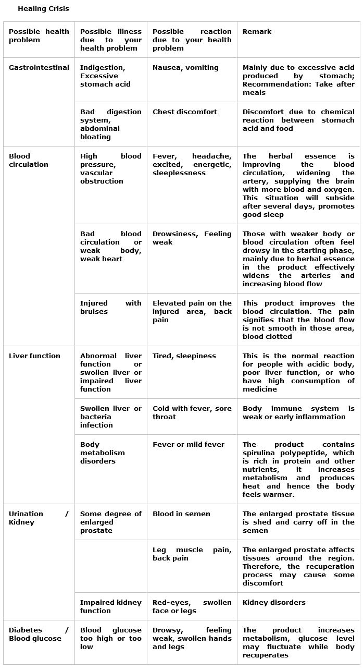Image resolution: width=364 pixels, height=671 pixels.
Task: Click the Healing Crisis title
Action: [43, 8]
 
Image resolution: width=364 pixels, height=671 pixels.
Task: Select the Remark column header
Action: [257, 32]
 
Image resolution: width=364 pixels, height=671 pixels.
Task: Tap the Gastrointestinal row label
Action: [39, 68]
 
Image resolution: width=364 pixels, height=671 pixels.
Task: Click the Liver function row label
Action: [34, 356]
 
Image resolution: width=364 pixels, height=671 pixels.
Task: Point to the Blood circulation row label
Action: [29, 160]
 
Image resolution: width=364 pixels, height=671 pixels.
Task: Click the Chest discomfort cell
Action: [185, 112]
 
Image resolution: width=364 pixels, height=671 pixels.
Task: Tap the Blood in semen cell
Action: [181, 514]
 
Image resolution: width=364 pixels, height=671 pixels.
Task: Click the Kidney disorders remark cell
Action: [274, 603]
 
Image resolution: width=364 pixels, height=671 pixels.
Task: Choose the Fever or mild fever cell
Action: [189, 445]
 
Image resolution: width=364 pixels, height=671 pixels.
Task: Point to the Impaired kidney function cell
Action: [111, 606]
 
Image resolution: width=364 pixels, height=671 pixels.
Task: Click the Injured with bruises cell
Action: [110, 308]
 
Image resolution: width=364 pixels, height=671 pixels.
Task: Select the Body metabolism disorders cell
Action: [103, 453]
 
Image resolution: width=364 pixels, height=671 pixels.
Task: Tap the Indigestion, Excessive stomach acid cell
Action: [105, 76]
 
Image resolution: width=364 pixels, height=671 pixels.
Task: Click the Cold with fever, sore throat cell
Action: [192, 413]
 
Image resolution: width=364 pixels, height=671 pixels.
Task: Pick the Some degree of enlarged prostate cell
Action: [110, 522]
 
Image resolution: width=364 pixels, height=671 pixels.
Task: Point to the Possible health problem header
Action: [39, 36]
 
